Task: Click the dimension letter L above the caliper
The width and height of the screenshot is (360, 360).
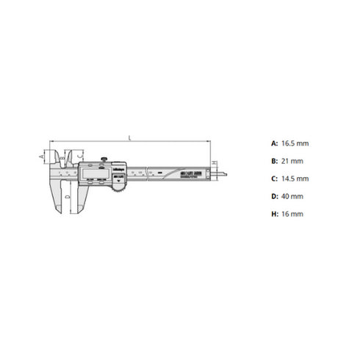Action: click(x=129, y=136)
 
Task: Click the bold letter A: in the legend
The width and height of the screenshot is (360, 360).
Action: click(x=274, y=143)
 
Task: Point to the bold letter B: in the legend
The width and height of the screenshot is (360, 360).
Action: click(x=274, y=160)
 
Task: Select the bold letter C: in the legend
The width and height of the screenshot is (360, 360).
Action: click(x=274, y=178)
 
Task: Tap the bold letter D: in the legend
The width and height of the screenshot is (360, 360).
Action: click(x=274, y=196)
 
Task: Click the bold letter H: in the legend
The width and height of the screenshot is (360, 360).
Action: click(x=274, y=214)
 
